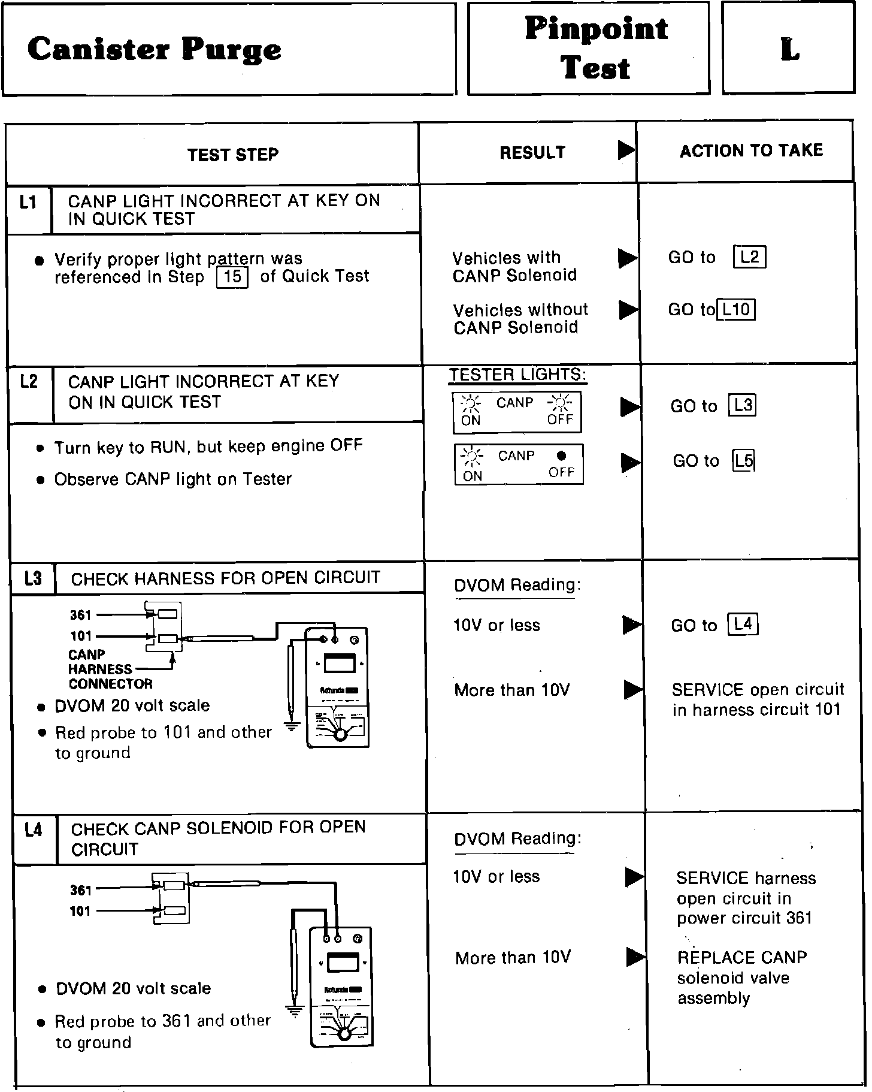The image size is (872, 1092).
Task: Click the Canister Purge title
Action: click(x=154, y=49)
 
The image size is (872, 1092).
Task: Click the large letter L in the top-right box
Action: click(x=789, y=49)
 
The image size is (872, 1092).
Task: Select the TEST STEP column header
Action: click(x=232, y=155)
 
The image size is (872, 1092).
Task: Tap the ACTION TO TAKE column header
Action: click(x=751, y=150)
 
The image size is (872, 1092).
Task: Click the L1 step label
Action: click(x=28, y=203)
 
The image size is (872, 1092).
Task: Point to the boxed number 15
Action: click(x=232, y=277)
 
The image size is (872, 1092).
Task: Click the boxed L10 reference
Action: click(x=735, y=309)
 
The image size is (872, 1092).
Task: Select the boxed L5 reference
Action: click(x=743, y=460)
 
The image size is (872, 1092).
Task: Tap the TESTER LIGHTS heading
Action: click(x=517, y=375)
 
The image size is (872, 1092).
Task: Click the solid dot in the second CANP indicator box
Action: click(x=561, y=455)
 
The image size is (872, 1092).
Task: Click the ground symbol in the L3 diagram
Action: click(x=292, y=726)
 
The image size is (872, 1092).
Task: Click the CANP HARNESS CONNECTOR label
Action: click(x=110, y=669)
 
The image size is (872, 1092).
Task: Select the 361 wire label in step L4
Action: click(x=80, y=890)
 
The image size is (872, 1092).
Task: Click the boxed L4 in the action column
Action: click(x=742, y=624)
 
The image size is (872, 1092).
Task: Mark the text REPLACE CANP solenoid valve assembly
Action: click(x=741, y=978)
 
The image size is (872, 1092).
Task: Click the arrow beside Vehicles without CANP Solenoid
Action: click(x=628, y=309)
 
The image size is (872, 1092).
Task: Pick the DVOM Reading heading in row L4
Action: click(x=517, y=839)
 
